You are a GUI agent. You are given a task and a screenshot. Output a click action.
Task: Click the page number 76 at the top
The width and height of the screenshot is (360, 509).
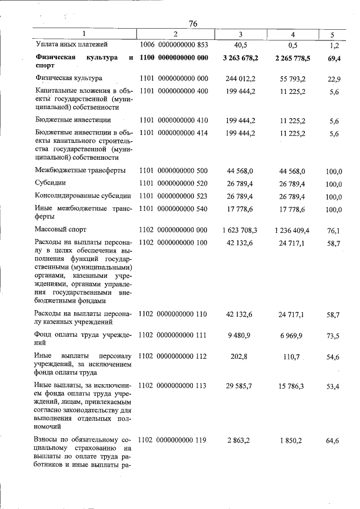click(193, 24)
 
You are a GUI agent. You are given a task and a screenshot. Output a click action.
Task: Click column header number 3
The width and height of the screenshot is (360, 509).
click(240, 34)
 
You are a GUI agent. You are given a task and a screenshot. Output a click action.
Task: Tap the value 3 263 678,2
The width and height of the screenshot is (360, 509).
click(240, 58)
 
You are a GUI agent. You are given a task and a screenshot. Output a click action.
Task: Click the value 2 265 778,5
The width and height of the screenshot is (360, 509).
click(292, 58)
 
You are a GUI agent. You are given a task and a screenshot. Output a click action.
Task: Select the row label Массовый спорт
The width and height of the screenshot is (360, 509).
click(61, 230)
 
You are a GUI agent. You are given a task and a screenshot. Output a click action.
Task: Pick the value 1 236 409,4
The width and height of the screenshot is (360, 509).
click(292, 230)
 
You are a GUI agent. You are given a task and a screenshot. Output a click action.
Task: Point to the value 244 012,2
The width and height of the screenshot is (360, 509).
click(240, 78)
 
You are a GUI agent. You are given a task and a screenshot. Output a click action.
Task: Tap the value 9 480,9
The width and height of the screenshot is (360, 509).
click(240, 336)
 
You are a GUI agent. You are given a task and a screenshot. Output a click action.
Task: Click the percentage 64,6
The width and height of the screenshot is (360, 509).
click(334, 440)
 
